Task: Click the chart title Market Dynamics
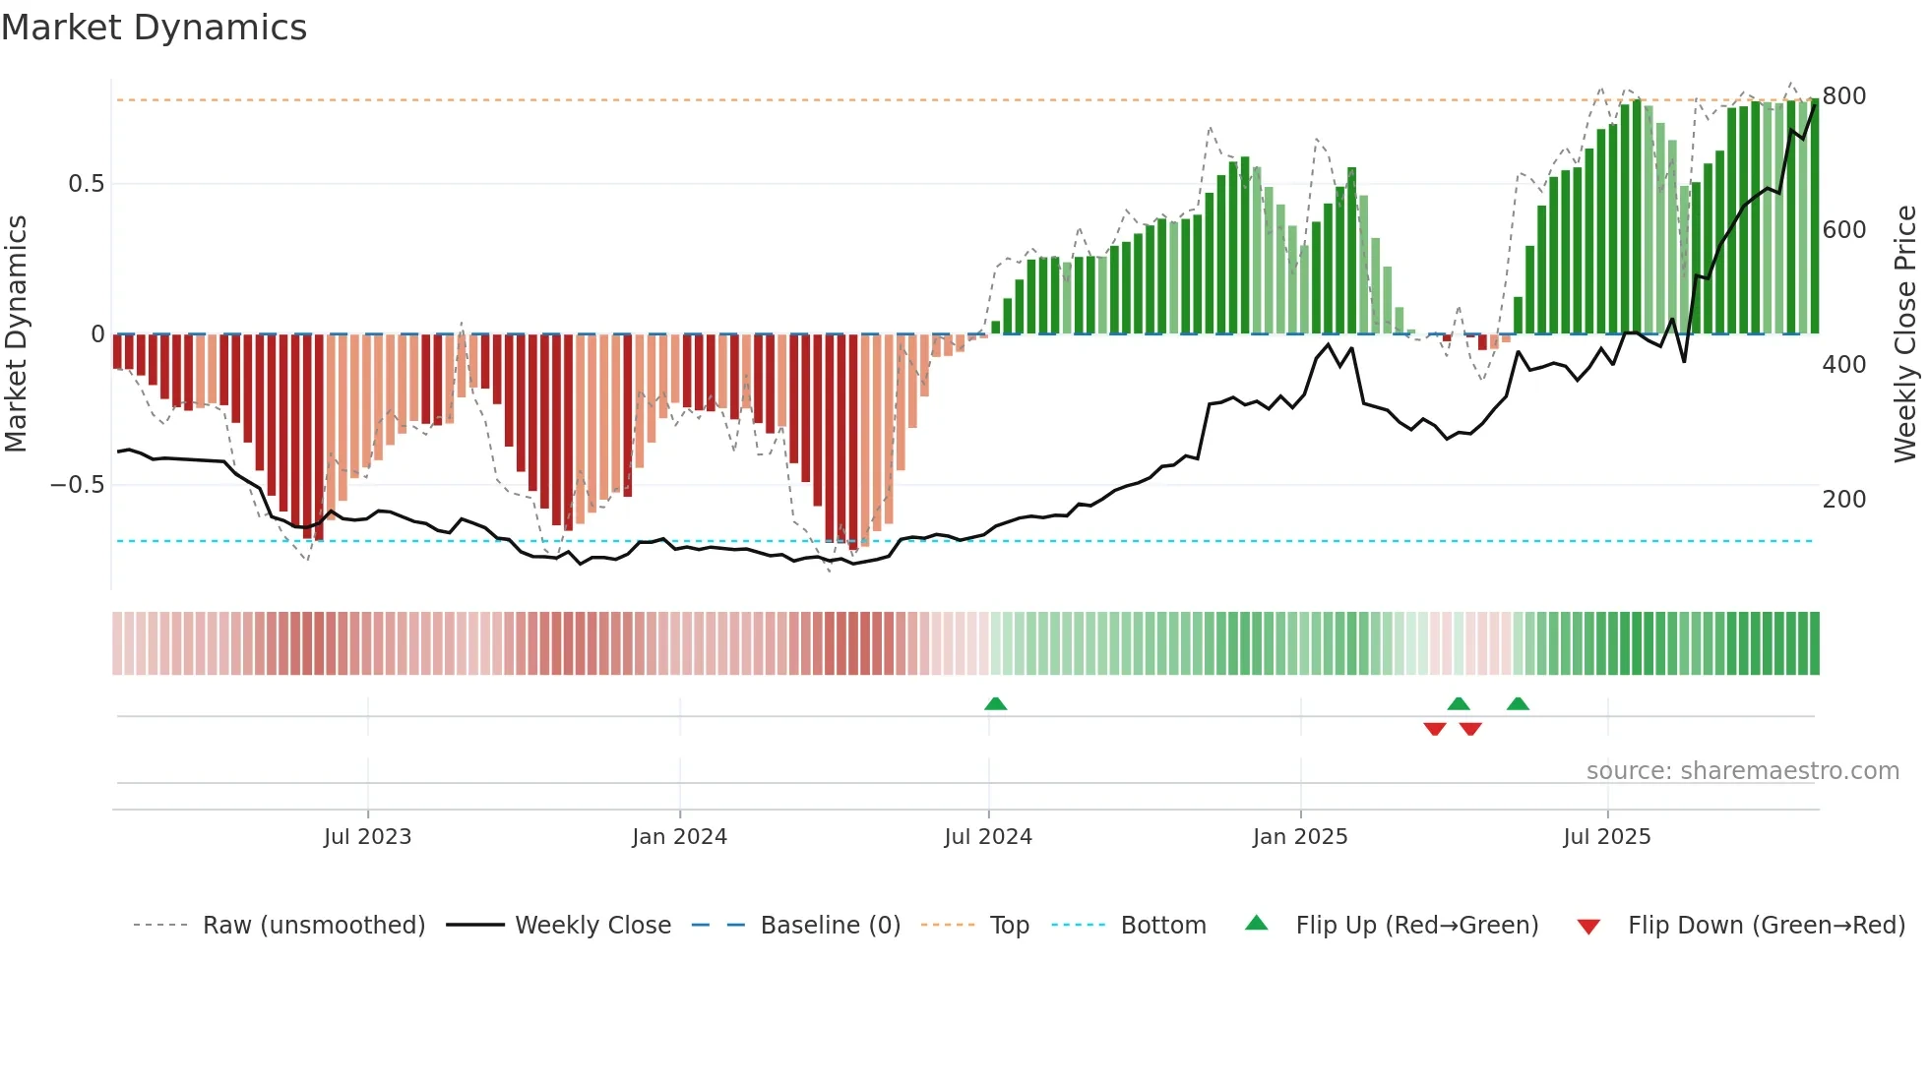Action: (x=154, y=28)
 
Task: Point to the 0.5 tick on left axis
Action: (x=86, y=184)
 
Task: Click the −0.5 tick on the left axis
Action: (x=78, y=485)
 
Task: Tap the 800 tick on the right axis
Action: (x=1843, y=96)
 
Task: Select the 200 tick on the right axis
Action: (x=1843, y=500)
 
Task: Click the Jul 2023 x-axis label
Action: (x=367, y=837)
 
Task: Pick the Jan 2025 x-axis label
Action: (x=1299, y=837)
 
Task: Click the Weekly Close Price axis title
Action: (x=1905, y=334)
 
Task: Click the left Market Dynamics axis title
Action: (x=16, y=334)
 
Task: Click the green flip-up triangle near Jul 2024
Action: (x=995, y=704)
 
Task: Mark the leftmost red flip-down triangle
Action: (x=1434, y=728)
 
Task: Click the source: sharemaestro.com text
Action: (x=1742, y=771)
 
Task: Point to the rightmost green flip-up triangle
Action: (x=1518, y=704)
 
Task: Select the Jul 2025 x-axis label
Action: (x=1606, y=837)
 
